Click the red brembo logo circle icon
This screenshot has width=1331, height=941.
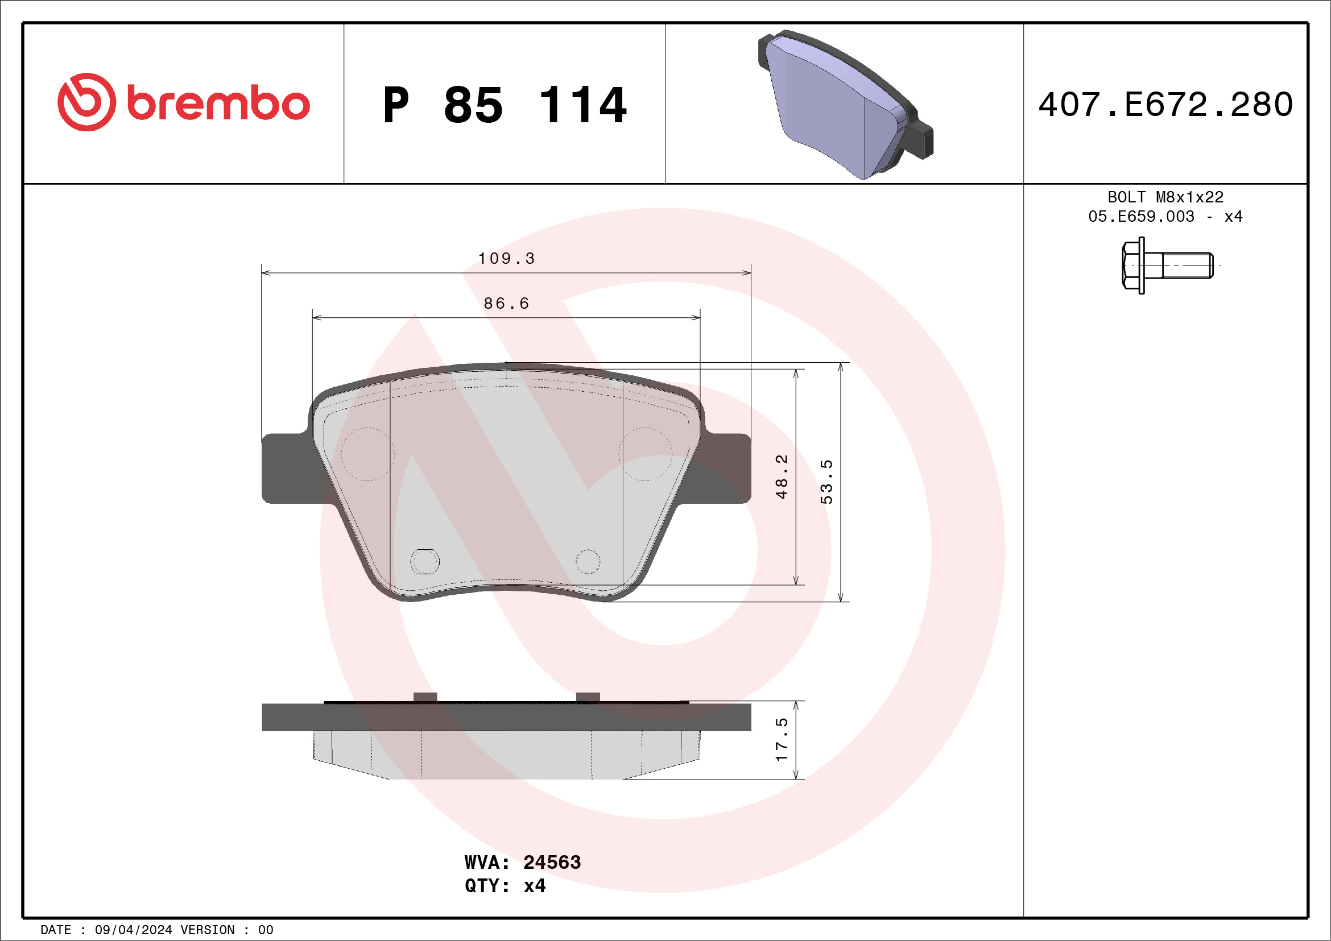pyautogui.click(x=86, y=102)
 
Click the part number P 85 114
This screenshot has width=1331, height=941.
pyautogui.click(x=505, y=105)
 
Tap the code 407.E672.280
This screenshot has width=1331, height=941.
pyautogui.click(x=1165, y=105)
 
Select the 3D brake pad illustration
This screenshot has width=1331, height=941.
pyautogui.click(x=845, y=104)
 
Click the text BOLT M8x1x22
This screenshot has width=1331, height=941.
pyautogui.click(x=1165, y=197)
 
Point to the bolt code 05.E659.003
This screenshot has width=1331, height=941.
pyautogui.click(x=1141, y=217)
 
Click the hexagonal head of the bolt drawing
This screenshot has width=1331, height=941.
pyautogui.click(x=1132, y=266)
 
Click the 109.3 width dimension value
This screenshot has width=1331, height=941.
pyautogui.click(x=506, y=259)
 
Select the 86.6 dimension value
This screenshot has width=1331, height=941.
pyautogui.click(x=506, y=304)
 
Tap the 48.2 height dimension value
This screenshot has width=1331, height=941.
pyautogui.click(x=782, y=476)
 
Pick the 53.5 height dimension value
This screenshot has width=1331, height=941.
pyautogui.click(x=826, y=482)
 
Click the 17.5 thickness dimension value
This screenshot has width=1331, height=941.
pyautogui.click(x=782, y=739)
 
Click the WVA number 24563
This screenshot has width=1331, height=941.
pyautogui.click(x=551, y=862)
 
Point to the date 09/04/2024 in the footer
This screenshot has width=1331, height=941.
pyautogui.click(x=133, y=930)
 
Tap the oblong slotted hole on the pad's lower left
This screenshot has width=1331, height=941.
pyautogui.click(x=425, y=561)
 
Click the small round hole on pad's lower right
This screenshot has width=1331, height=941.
pyautogui.click(x=588, y=561)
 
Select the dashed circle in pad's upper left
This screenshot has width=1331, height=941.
pyautogui.click(x=367, y=454)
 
